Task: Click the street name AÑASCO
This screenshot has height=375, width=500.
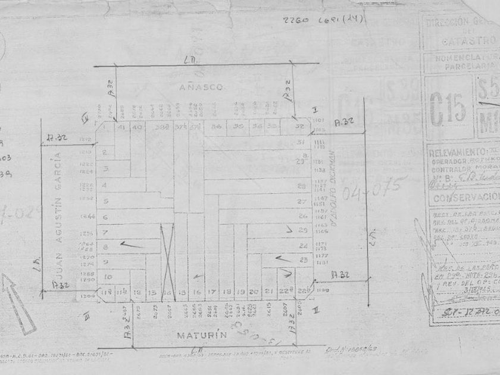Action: [x=201, y=87]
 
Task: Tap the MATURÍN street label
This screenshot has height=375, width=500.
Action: [x=202, y=335]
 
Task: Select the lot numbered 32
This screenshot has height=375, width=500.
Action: [x=301, y=127]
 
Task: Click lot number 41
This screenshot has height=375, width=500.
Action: [x=121, y=127]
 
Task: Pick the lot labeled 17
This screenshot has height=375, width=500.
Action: [x=211, y=292]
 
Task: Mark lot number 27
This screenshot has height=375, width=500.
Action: [x=302, y=201]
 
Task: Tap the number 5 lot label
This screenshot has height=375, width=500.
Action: [x=104, y=201]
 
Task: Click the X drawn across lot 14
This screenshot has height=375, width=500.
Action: [x=167, y=257]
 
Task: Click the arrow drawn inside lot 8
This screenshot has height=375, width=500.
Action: [x=131, y=244]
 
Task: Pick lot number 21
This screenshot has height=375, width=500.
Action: [x=268, y=292]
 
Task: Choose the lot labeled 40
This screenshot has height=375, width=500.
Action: [x=137, y=127]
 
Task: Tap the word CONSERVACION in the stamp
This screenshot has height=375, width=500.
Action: [x=466, y=197]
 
